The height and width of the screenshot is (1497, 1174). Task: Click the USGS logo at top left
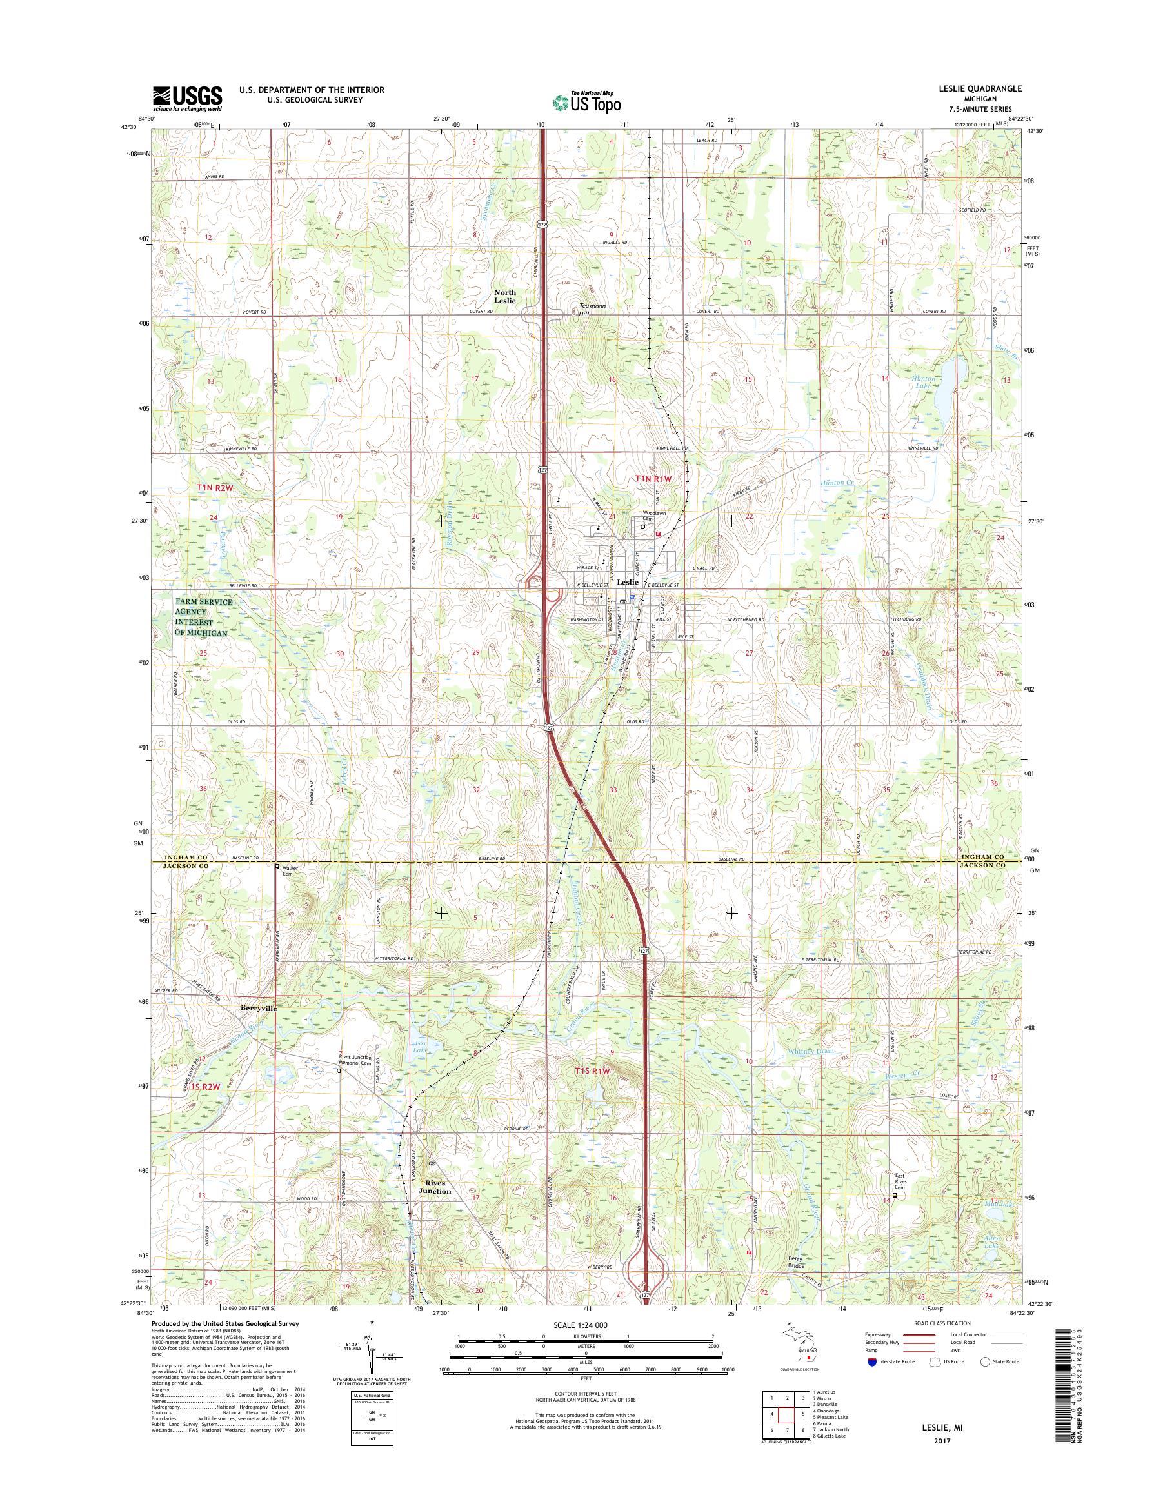[187, 98]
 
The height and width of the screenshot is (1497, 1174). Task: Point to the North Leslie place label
[504, 296]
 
